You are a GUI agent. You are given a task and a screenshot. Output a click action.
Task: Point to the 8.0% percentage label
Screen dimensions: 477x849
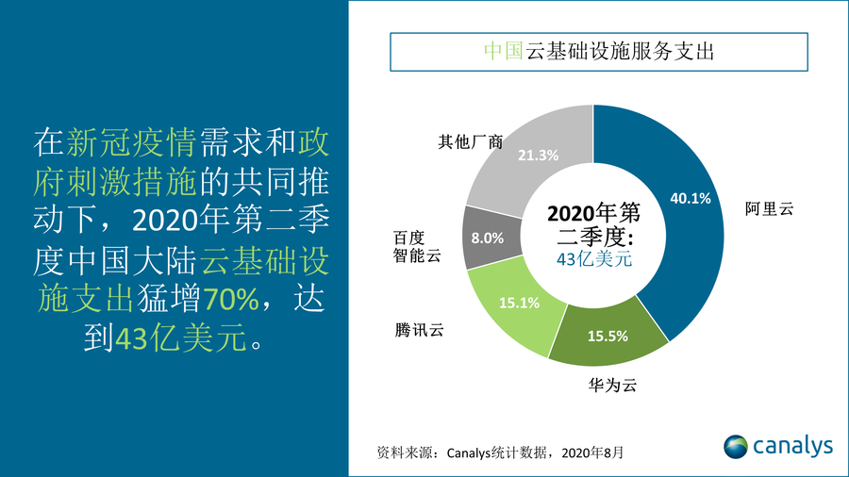coord(488,238)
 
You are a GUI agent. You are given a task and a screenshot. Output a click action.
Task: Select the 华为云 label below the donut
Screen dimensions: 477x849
coord(603,386)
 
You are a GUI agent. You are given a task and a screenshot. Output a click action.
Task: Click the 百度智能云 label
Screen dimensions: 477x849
coord(416,246)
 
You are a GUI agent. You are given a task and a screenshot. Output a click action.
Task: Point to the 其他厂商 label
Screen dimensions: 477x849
coord(470,141)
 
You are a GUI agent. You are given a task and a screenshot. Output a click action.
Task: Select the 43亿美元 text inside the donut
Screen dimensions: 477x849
coord(593,258)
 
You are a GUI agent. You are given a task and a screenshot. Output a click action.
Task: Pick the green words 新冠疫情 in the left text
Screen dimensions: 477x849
coord(131,142)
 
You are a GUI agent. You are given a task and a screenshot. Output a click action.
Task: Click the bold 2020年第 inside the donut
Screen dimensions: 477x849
coord(593,212)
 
